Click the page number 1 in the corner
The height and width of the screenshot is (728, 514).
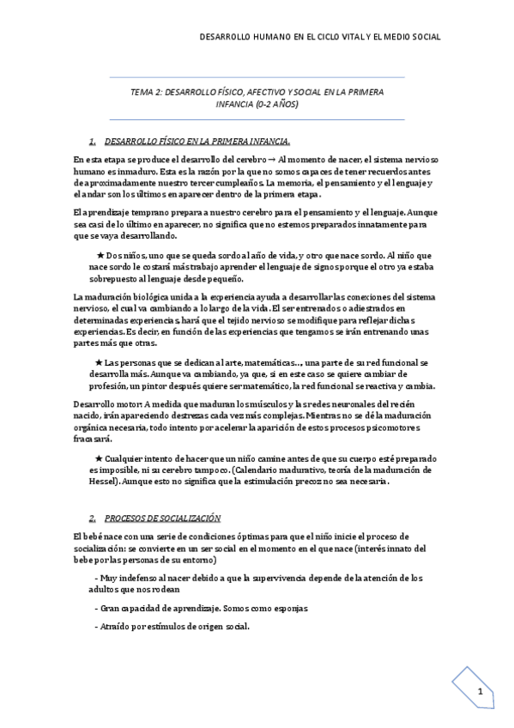(481, 693)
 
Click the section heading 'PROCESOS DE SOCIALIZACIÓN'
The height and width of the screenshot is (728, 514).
(163, 519)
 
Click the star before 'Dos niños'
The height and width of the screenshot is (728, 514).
(101, 256)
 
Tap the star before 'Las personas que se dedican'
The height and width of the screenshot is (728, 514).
(98, 363)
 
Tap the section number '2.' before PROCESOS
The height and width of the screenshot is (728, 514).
(92, 519)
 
